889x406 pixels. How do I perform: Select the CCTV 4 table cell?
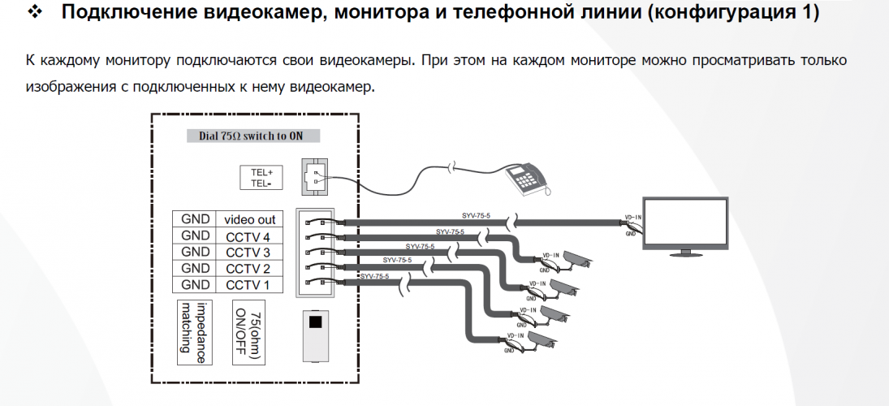(x=248, y=236)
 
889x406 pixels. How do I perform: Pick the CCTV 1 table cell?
(x=248, y=285)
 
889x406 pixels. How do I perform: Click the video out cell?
(x=249, y=219)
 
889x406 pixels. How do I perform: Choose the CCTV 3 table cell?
(x=248, y=253)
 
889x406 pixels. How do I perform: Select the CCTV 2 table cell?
(x=248, y=269)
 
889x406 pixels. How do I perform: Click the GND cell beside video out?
(x=195, y=219)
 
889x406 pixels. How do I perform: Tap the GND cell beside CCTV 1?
(x=195, y=285)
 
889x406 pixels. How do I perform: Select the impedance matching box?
(x=194, y=333)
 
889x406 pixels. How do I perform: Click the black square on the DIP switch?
(x=316, y=322)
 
